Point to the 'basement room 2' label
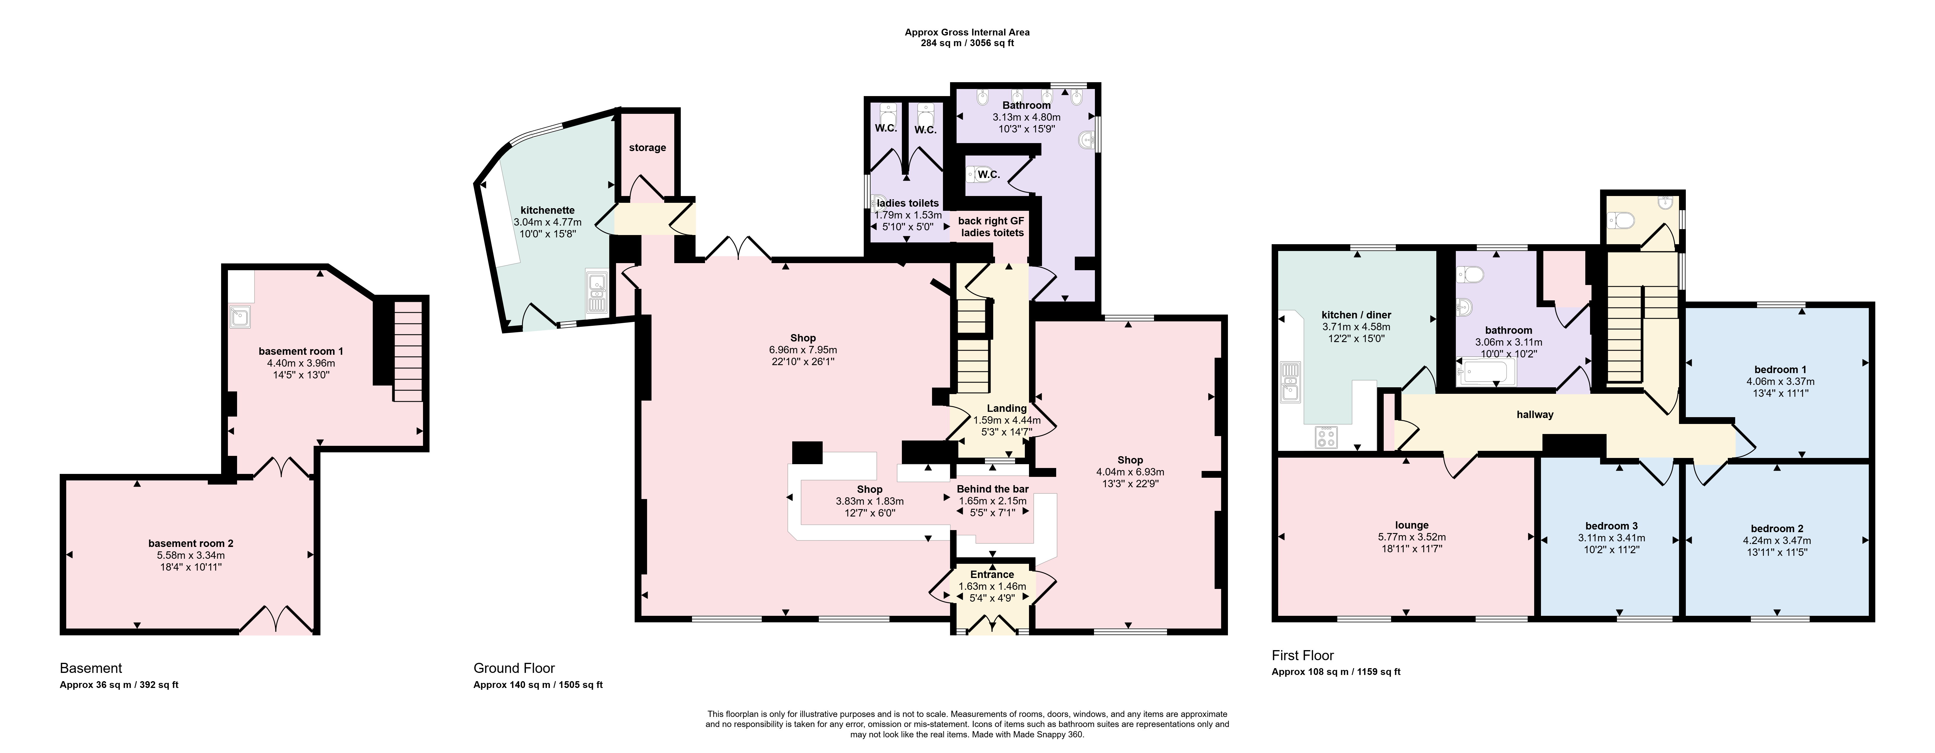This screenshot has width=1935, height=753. coord(191,543)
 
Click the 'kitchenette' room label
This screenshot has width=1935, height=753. coord(547,210)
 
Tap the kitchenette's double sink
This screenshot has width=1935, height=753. coord(597,293)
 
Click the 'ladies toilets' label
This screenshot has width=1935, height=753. coord(907,203)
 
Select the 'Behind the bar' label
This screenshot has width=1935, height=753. coord(992,489)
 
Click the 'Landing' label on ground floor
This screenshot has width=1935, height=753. coord(1007,408)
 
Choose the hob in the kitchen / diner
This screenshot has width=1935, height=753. coord(1326,437)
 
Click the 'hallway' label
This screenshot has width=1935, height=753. coord(1535,414)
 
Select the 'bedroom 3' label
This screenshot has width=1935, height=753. coord(1611,526)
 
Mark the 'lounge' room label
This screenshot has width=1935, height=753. coord(1411,525)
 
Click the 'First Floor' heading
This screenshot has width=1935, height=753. coord(1302,655)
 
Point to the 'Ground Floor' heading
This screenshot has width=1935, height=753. coord(514,668)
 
